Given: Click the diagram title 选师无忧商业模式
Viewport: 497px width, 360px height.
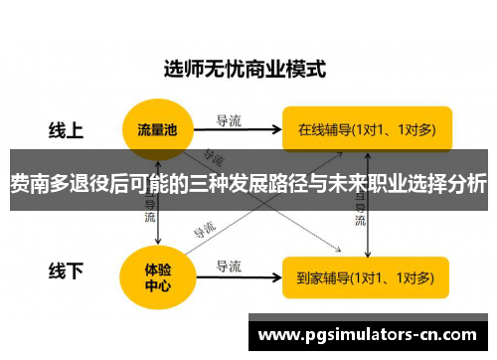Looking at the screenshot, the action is point(245,71).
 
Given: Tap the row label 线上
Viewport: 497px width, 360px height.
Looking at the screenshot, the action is point(67,129).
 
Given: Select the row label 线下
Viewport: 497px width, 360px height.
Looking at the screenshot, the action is point(67,270).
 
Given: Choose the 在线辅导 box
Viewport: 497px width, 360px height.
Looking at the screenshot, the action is point(366,128).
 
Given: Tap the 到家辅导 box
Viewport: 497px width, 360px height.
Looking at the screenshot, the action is point(366,276).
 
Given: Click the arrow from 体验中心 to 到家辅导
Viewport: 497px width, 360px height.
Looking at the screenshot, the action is point(239,276).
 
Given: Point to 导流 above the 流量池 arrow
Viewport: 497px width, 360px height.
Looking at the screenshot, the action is point(229,120).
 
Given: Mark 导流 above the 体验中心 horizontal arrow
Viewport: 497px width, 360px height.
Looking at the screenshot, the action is point(229,266).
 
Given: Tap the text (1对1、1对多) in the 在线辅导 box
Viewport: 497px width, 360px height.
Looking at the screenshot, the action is point(397,128).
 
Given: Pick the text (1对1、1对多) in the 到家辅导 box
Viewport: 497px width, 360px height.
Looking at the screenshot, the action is point(397,276).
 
